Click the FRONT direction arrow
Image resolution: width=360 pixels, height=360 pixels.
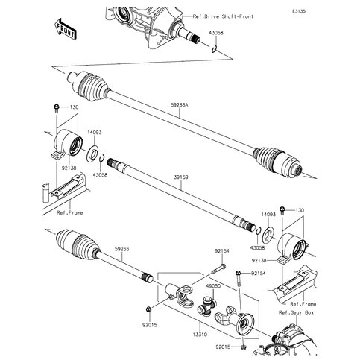(65, 28)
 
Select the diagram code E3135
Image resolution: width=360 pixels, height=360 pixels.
(299, 11)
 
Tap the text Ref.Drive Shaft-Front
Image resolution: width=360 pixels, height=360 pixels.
(223, 16)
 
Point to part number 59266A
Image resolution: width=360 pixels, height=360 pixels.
(180, 105)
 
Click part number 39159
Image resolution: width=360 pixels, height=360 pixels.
(181, 177)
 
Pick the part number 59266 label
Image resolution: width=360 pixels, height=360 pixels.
(121, 249)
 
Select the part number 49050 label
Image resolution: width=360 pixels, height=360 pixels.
(213, 286)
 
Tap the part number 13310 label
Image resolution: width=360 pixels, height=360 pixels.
(200, 335)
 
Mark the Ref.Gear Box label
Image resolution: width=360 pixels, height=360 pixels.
(296, 312)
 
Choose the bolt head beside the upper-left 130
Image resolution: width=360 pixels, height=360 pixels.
(56, 108)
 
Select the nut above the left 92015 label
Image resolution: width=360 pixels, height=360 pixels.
(148, 309)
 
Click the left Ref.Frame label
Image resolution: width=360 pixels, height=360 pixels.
(70, 212)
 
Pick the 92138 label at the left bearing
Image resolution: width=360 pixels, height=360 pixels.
(69, 168)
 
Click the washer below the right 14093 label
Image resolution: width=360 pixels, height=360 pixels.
(268, 234)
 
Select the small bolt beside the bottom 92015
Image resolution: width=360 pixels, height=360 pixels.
(244, 347)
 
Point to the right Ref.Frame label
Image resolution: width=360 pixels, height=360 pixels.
(303, 304)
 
